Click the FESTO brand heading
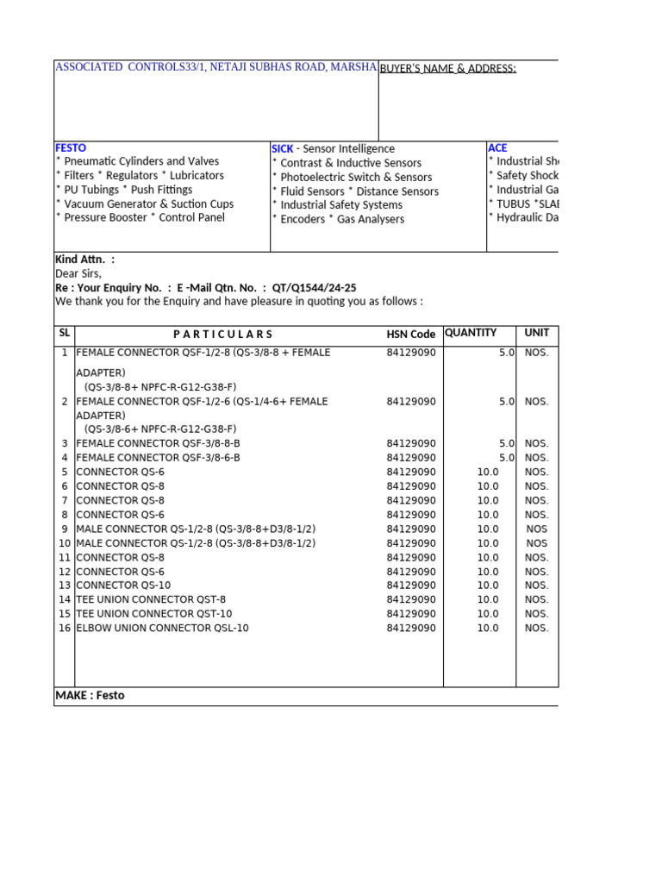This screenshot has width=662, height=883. [x=71, y=148]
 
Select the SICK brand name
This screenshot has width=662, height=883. [x=282, y=149]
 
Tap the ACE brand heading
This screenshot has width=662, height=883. [x=497, y=148]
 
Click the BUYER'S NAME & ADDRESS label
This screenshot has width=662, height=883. [x=447, y=69]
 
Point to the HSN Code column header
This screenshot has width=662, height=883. [x=410, y=335]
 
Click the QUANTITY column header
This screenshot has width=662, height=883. [x=471, y=333]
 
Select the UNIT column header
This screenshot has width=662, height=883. [x=536, y=333]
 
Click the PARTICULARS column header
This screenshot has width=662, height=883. [x=222, y=335]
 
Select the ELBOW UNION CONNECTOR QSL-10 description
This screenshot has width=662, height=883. [x=162, y=629]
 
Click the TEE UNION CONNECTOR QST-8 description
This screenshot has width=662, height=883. [x=151, y=600]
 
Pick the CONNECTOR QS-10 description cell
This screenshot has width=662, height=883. [x=123, y=586]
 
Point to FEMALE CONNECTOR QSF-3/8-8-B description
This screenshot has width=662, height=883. [x=158, y=444]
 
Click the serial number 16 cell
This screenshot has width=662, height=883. [x=65, y=629]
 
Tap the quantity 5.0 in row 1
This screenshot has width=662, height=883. [x=506, y=353]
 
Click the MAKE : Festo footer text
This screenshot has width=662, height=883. [x=90, y=696]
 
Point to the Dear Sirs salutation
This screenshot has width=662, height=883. [x=78, y=273]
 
